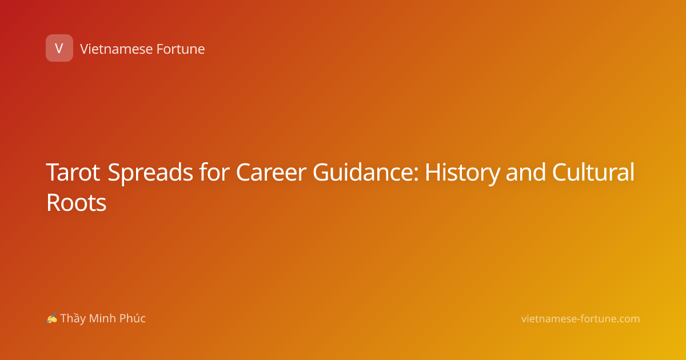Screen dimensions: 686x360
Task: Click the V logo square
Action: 59,48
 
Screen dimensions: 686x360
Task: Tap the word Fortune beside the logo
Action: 181,49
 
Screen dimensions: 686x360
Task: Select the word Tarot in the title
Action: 73,172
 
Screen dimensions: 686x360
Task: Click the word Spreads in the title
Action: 150,173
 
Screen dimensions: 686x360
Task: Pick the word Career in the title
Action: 271,172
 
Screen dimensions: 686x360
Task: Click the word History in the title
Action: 462,173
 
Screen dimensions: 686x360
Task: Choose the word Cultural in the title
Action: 593,171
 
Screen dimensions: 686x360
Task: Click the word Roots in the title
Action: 76,202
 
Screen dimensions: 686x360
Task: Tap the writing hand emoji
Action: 52,318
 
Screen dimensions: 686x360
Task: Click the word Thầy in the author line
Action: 73,319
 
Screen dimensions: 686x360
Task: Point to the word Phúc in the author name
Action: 132,318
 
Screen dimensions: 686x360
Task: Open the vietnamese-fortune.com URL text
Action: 580,319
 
